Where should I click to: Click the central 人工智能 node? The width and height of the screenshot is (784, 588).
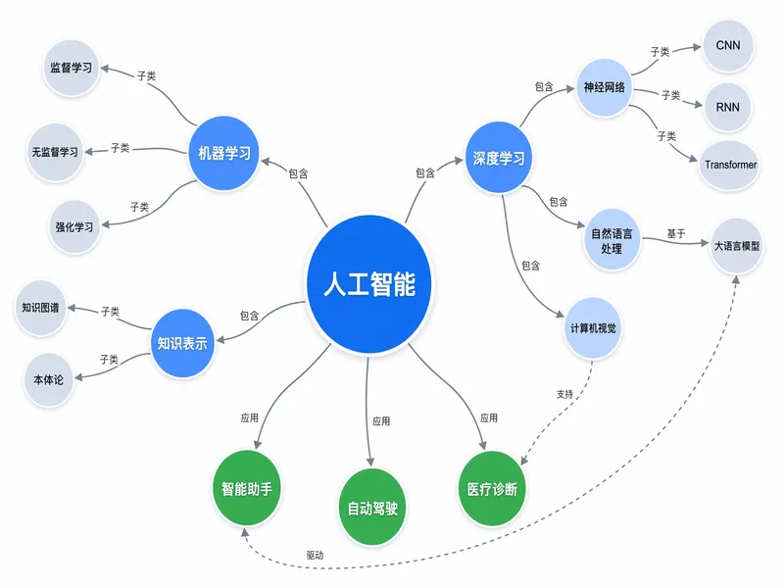(x=369, y=284)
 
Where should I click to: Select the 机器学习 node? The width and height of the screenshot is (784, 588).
(x=223, y=153)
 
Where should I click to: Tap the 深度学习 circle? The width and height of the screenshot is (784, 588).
(x=498, y=158)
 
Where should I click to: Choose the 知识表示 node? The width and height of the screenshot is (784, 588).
(x=182, y=343)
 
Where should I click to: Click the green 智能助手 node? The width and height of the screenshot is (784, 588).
(x=247, y=488)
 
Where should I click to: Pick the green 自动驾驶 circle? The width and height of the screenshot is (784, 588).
(x=372, y=508)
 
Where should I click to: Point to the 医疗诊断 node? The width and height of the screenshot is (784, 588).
(x=492, y=488)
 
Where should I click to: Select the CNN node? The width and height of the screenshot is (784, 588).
(x=728, y=45)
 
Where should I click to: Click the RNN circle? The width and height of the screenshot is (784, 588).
(x=727, y=107)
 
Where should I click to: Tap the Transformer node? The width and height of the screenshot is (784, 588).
(x=730, y=165)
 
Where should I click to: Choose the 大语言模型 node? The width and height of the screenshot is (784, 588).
(x=737, y=246)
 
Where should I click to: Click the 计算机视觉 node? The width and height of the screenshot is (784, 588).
(x=593, y=328)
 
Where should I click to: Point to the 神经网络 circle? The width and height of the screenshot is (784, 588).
(x=604, y=87)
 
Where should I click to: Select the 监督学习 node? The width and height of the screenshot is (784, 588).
(x=71, y=68)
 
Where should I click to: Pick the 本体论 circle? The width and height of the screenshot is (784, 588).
(x=48, y=380)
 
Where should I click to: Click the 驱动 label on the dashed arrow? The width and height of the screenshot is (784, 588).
(x=315, y=555)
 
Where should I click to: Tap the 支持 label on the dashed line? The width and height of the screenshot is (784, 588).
(x=565, y=394)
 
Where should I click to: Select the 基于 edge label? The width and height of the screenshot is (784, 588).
(x=676, y=233)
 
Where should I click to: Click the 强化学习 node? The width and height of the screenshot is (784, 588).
(x=74, y=227)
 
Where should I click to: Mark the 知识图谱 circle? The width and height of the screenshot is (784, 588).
(x=40, y=308)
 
